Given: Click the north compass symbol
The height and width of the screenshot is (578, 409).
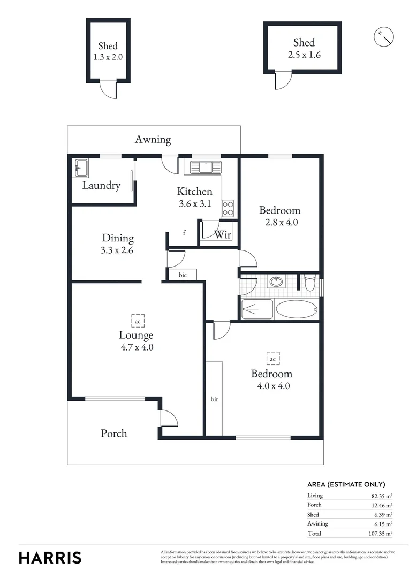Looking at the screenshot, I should tap(383, 36).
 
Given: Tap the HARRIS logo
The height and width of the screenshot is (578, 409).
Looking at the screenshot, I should tap(50, 557).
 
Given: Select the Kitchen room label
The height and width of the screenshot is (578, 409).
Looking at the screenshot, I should tap(195, 191).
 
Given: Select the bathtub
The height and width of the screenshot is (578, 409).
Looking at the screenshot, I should tap(297, 309).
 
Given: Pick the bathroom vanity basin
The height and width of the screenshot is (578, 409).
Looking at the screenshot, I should tap(276, 282).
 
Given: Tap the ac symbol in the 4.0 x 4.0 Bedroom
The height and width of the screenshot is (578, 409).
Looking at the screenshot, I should tap(272, 359).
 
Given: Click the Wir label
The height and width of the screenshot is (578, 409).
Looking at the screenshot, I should tap(222, 234).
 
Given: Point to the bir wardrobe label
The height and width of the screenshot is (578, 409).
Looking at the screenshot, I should tap(214, 399).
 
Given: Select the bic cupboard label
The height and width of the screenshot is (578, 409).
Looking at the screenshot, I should tap(183, 275).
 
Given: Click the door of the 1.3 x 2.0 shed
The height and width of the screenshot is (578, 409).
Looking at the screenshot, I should tap(109, 90).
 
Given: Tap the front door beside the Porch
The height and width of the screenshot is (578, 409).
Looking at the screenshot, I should tap(167, 417).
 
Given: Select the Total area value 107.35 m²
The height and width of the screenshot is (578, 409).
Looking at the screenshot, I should tap(380, 534).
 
